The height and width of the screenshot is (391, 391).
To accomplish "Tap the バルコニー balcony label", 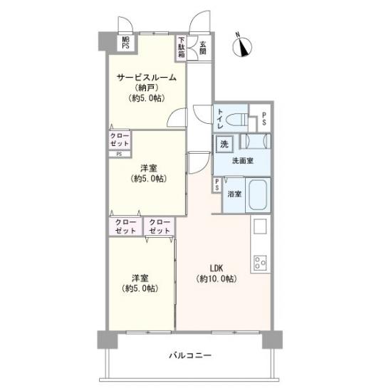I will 190,355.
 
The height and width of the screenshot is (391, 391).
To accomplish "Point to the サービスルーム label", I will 147,77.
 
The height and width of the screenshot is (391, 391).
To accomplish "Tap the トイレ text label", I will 221,117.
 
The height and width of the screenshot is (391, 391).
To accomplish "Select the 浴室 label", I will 233,194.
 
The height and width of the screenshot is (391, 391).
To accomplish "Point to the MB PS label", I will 125,43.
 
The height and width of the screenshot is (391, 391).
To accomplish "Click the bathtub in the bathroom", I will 258,196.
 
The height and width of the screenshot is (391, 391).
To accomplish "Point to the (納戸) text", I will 147,88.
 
